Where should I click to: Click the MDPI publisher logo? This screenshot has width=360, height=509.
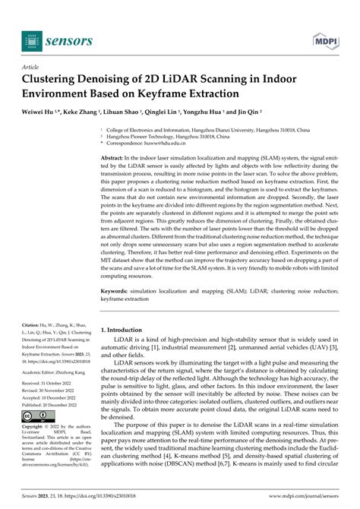coord(324,40)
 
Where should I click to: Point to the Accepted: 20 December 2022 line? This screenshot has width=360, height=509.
coord(56,397)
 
